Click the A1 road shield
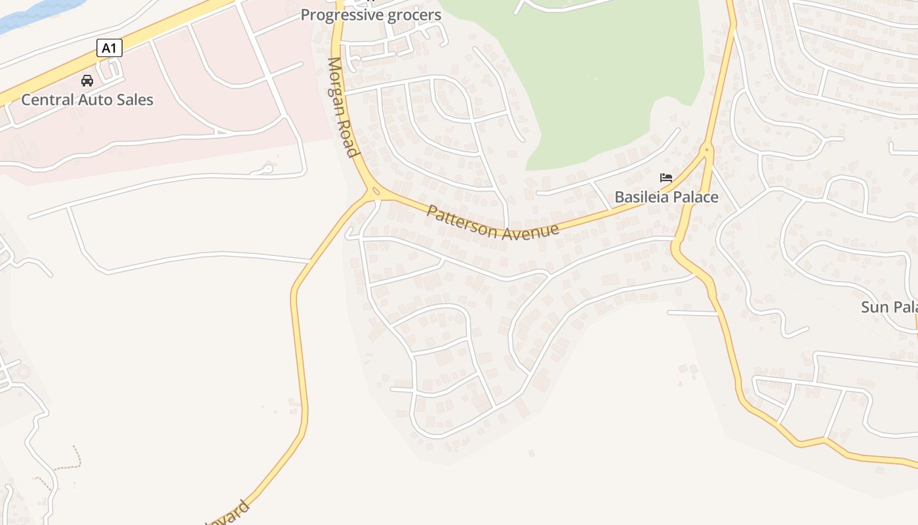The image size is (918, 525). [x=109, y=48]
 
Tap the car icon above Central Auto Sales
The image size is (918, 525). [x=87, y=81]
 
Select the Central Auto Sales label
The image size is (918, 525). [x=87, y=100]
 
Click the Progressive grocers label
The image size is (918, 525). [x=370, y=14]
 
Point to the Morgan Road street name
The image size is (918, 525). [x=344, y=108]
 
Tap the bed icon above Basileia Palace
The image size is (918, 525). [x=666, y=178]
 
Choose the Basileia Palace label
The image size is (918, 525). [x=666, y=197]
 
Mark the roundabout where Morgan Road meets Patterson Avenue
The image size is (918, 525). [x=374, y=192]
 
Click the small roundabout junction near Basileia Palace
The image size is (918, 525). [x=706, y=150]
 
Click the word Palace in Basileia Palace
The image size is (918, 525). [x=694, y=197]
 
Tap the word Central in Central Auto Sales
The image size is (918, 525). [x=47, y=100]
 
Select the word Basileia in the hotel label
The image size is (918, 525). [x=640, y=197]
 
